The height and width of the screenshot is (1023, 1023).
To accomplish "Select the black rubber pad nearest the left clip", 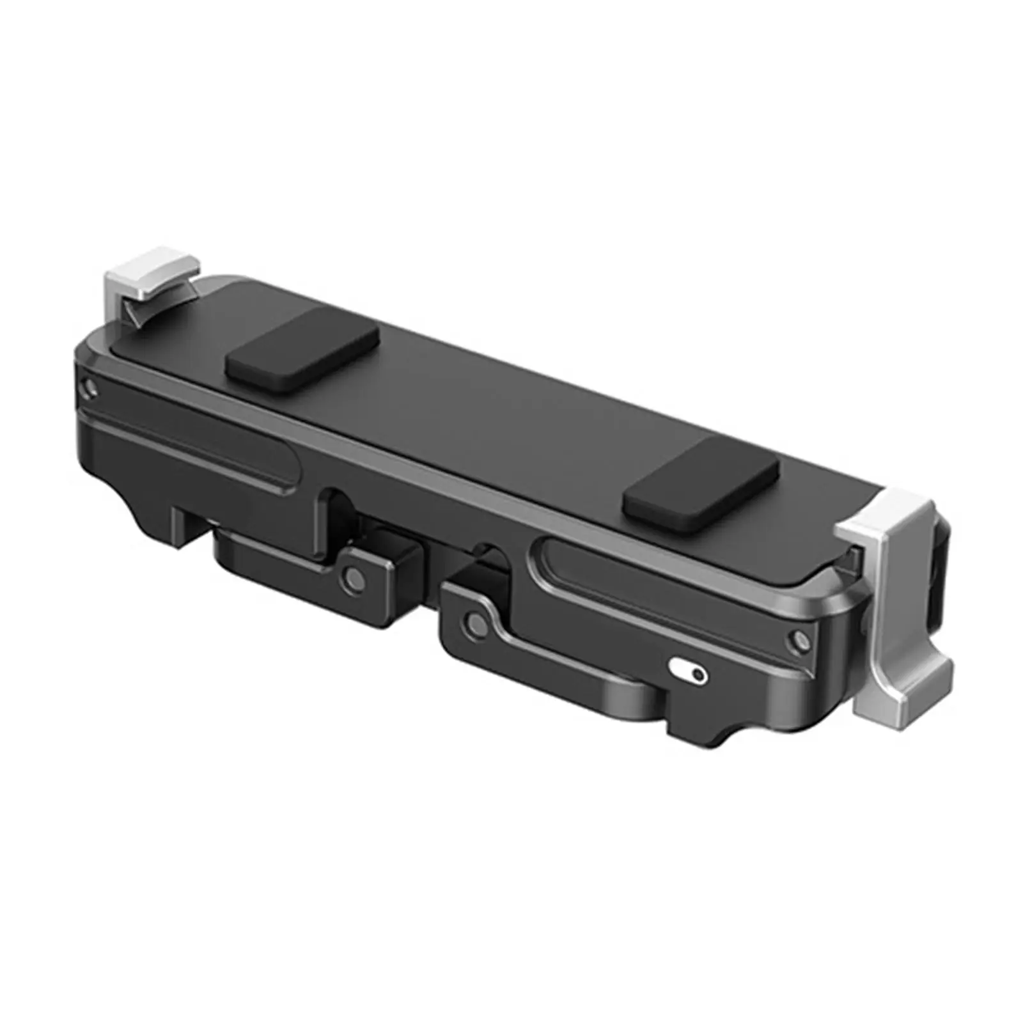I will [x=302, y=349].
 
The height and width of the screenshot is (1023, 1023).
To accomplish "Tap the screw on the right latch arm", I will [x=474, y=621].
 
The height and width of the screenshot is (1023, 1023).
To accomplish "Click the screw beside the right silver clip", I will [x=799, y=640].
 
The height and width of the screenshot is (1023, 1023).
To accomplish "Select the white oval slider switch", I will [x=688, y=671].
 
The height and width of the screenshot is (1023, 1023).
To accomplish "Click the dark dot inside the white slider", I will [x=698, y=674].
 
